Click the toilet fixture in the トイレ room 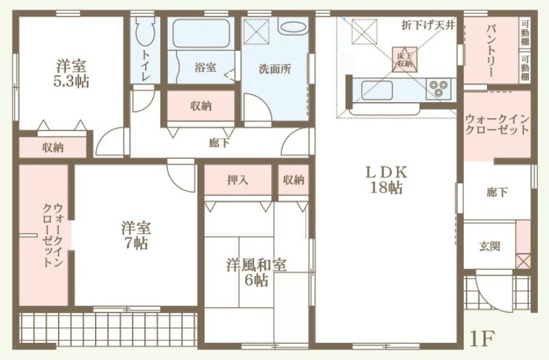click(x=145, y=31)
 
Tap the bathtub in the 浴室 click(x=201, y=33)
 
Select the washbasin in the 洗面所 click(x=294, y=26)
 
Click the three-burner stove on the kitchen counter click(x=439, y=88)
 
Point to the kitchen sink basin click(x=377, y=90)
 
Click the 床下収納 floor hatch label click(x=404, y=59)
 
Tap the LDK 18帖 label click(x=386, y=180)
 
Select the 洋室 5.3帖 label click(x=71, y=74)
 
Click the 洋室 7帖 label click(x=136, y=235)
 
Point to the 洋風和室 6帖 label click(x=256, y=272)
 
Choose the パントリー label click(x=490, y=51)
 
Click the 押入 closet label click(x=238, y=180)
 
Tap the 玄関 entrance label click(x=490, y=247)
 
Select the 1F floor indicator click(x=482, y=338)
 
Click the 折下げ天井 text click(x=428, y=25)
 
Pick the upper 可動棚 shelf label click(x=525, y=33)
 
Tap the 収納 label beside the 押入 click(x=294, y=180)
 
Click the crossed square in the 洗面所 click(x=256, y=32)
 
